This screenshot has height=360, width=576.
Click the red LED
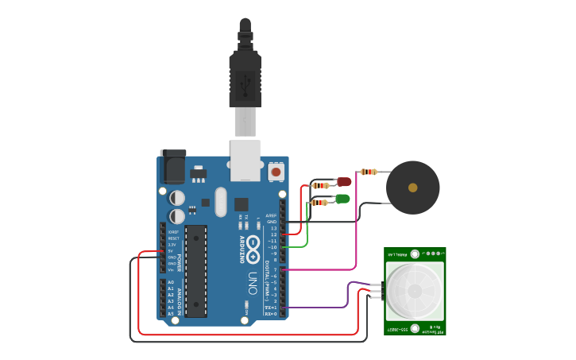[x=344, y=182]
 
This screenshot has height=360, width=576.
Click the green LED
[x=342, y=198]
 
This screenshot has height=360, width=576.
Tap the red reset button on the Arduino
[x=276, y=171]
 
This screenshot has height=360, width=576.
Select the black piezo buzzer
[x=412, y=188]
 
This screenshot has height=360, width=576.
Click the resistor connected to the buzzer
[x=368, y=172]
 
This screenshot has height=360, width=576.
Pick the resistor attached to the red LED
[x=320, y=185]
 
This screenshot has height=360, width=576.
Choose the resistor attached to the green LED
[x=319, y=203]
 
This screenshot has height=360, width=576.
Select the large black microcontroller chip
[x=196, y=270]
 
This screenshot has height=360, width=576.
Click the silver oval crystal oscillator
[x=220, y=202]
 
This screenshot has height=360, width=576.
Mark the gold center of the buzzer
[x=412, y=188]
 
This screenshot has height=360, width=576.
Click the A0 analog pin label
[x=170, y=282]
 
